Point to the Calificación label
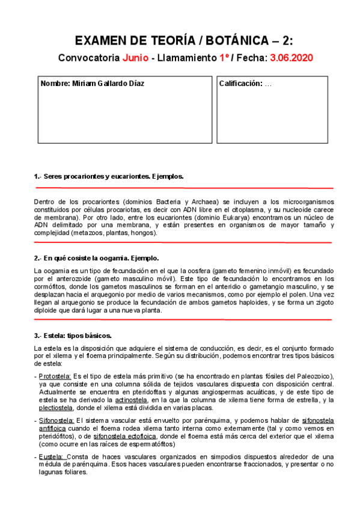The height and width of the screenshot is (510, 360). tap(240, 84)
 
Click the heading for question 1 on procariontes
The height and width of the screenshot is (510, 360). tap(108, 176)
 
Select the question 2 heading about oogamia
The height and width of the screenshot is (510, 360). tap(97, 258)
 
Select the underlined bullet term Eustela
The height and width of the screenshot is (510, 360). tap(50, 456)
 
